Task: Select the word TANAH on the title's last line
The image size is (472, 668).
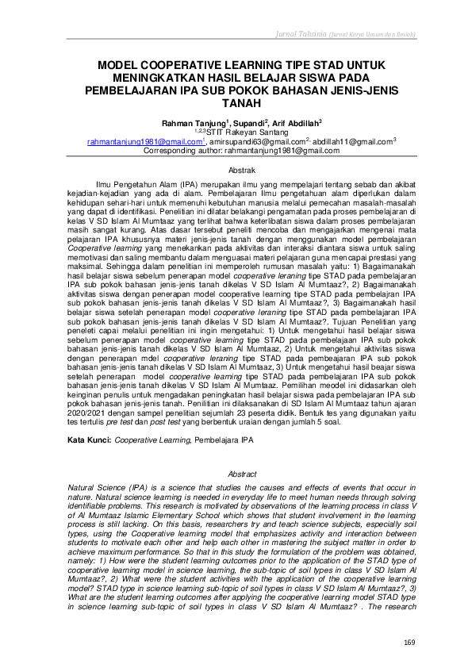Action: [236, 102]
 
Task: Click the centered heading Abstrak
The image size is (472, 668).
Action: [236, 171]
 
